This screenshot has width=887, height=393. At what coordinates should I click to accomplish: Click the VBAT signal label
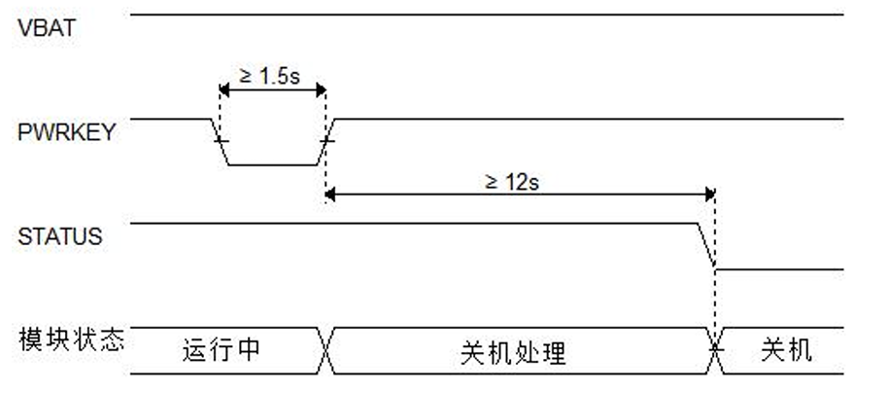(x=46, y=28)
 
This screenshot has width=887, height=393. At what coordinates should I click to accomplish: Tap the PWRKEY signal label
(x=66, y=133)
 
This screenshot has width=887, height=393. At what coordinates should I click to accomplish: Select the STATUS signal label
(x=60, y=236)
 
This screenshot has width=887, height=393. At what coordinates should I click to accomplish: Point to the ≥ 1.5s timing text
(x=269, y=76)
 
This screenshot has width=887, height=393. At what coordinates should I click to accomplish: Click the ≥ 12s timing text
(x=512, y=181)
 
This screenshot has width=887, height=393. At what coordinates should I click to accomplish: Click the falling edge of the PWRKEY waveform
(x=221, y=142)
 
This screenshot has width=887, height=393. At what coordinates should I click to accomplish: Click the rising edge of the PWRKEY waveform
(x=326, y=142)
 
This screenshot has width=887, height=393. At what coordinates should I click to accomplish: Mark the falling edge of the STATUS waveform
(x=706, y=246)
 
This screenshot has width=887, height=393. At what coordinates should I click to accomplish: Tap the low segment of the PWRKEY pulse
(x=273, y=165)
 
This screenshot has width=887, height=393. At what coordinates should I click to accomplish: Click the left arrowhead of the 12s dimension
(x=330, y=195)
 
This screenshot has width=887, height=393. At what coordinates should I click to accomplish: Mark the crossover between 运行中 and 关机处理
(x=326, y=350)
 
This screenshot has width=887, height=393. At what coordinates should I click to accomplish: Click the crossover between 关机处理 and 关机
(x=717, y=350)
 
